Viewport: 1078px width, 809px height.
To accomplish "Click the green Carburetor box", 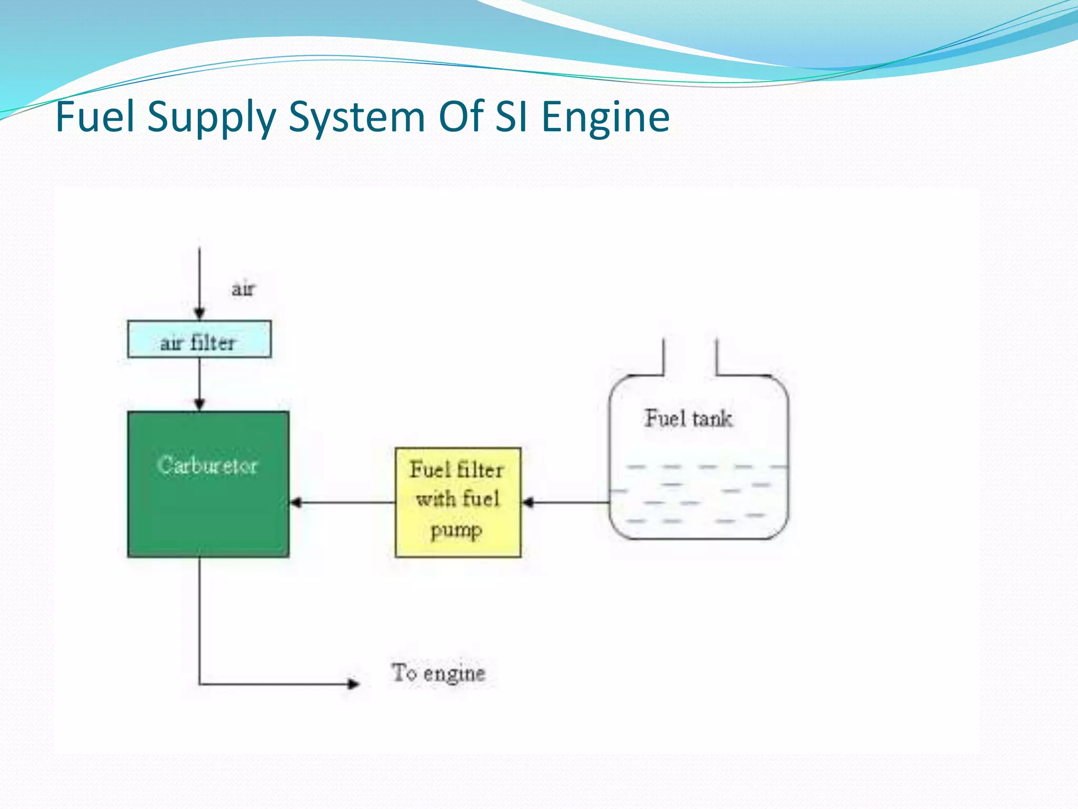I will pyautogui.click(x=208, y=506).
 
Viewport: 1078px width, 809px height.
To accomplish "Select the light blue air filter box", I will pyautogui.click(x=199, y=339).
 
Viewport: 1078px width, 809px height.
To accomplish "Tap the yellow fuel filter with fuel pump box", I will pyautogui.click(x=458, y=502).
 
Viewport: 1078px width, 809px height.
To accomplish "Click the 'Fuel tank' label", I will pyautogui.click(x=688, y=419).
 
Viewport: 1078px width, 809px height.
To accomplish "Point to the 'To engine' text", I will pyautogui.click(x=438, y=673).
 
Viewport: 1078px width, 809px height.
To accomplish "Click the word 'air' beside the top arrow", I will pyautogui.click(x=243, y=289).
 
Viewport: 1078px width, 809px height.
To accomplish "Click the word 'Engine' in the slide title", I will pyautogui.click(x=605, y=117).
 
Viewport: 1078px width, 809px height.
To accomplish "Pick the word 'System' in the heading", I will pyautogui.click(x=357, y=117).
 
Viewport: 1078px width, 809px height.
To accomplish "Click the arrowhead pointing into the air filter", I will pyautogui.click(x=199, y=314).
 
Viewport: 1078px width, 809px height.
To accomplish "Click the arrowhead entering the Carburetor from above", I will pyautogui.click(x=199, y=404).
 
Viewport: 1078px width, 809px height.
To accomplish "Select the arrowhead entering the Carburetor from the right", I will pyautogui.click(x=296, y=502).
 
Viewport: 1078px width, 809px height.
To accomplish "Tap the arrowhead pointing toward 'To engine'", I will pyautogui.click(x=353, y=684).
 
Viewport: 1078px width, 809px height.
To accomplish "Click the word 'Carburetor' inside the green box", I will pyautogui.click(x=207, y=466).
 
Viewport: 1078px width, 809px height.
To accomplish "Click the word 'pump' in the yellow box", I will pyautogui.click(x=456, y=530).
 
